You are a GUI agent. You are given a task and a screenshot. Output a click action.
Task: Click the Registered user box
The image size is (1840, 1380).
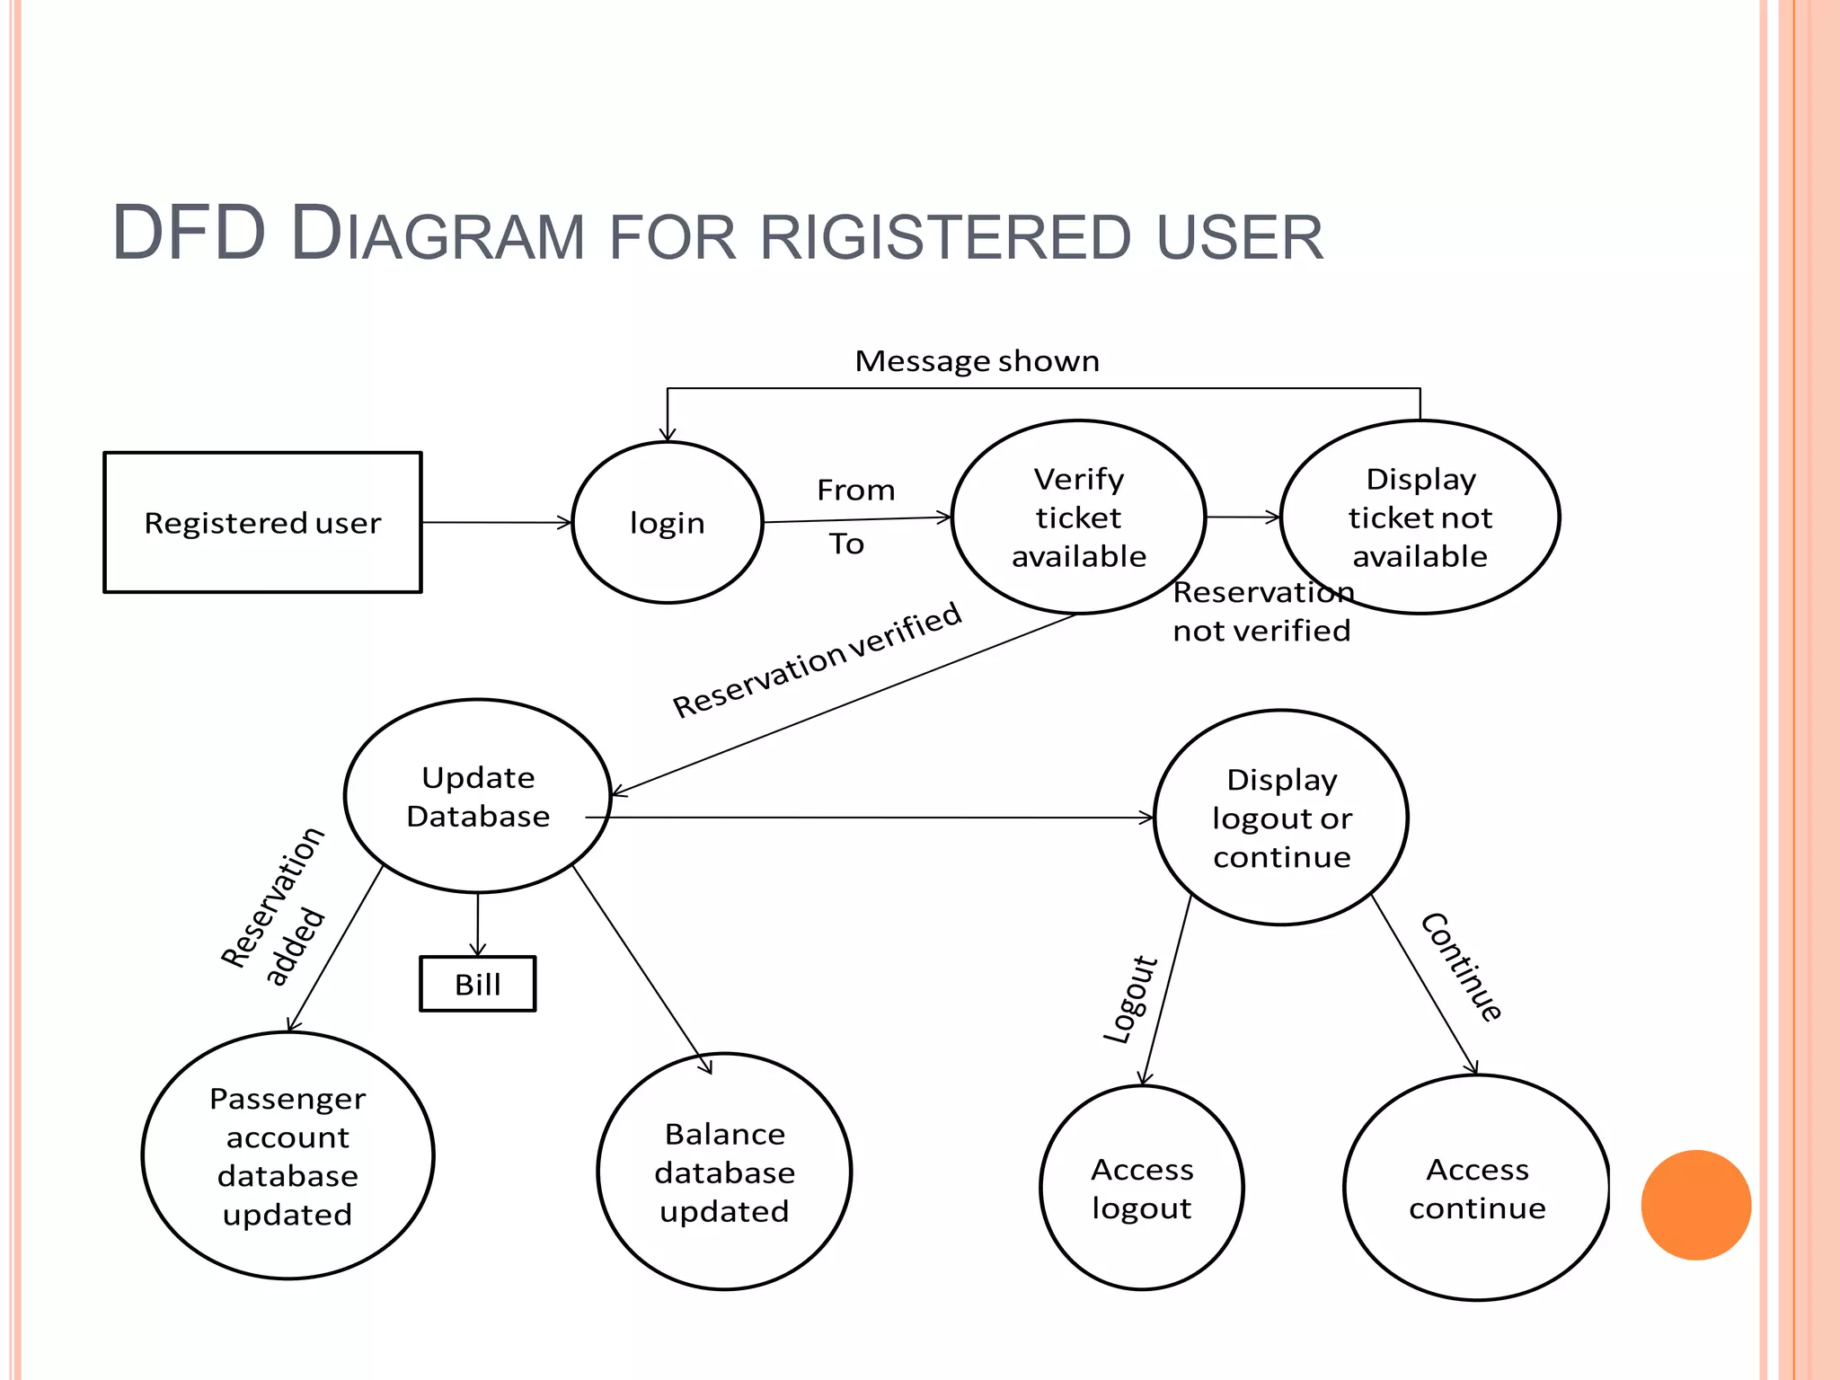262,522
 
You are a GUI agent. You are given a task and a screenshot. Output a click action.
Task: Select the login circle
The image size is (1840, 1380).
667,522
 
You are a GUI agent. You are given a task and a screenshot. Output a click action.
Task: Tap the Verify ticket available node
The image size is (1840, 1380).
1078,517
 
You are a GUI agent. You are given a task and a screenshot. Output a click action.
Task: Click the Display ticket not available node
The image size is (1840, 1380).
1420,517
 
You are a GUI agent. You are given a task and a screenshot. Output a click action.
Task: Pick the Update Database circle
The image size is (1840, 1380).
477,796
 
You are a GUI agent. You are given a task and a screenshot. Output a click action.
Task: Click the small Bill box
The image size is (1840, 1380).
477,984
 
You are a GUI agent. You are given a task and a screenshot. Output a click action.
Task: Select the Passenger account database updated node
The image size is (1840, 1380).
287,1155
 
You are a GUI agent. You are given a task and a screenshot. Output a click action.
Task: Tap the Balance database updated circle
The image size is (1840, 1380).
724,1172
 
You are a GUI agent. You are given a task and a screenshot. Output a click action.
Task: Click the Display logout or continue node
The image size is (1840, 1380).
1281,818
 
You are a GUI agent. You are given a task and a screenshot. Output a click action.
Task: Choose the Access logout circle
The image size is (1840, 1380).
1142,1188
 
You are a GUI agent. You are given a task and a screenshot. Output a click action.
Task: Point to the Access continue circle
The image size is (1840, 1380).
1476,1188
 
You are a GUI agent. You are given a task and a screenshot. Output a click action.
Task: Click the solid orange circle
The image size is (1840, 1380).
1695,1205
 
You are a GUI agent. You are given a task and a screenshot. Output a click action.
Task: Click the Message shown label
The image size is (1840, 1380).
977,361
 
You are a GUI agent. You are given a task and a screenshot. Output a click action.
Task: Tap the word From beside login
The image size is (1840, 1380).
855,491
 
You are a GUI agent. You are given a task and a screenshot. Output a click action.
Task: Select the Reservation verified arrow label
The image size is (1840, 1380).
817,660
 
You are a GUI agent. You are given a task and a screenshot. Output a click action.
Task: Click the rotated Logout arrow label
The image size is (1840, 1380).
1130,1000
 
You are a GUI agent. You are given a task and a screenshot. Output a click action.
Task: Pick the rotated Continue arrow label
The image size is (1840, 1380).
1461,968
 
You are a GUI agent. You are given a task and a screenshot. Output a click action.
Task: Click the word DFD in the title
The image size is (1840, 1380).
189,234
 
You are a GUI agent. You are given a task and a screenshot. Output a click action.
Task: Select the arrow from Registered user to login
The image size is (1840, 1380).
496,522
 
